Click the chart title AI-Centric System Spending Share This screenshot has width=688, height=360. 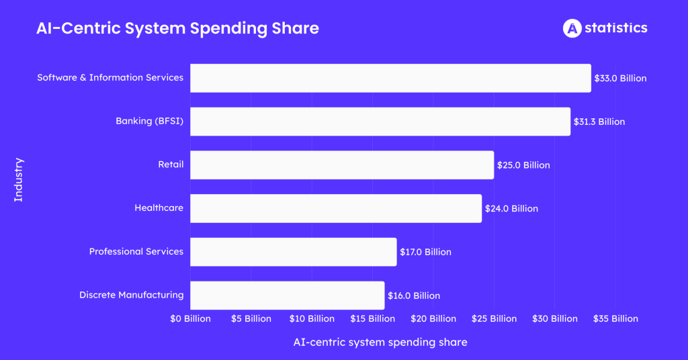(177, 28)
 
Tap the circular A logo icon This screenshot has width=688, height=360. (572, 28)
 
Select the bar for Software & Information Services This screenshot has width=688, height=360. (390, 78)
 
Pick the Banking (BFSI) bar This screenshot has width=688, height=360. (380, 122)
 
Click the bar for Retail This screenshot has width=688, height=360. (342, 165)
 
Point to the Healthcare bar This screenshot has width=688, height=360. (336, 208)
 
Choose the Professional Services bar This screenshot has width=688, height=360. (294, 252)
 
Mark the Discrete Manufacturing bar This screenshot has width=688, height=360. (288, 295)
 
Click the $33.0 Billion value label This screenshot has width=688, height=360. (620, 79)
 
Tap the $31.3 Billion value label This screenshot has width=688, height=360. (599, 122)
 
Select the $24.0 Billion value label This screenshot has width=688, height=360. (511, 209)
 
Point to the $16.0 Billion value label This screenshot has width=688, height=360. (414, 296)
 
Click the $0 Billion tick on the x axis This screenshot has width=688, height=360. (190, 318)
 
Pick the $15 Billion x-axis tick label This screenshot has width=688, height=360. (372, 318)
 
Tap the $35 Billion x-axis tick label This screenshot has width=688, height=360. (615, 318)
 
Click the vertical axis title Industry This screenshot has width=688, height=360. (19, 180)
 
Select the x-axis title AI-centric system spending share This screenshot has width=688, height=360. (380, 343)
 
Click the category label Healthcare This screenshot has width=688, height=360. (159, 208)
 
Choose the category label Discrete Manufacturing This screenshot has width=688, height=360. (131, 295)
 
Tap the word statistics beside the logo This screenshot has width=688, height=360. (616, 28)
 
